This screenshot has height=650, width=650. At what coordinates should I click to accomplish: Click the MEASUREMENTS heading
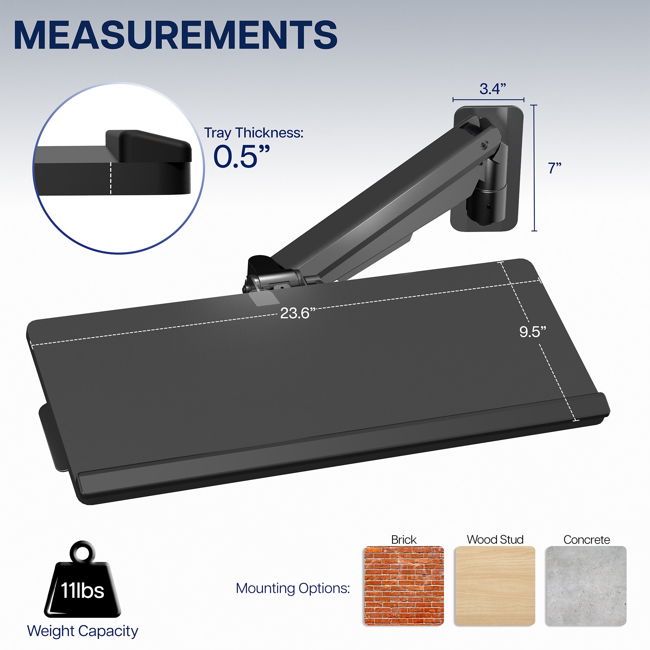(175, 35)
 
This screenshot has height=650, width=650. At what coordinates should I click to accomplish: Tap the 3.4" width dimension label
(493, 89)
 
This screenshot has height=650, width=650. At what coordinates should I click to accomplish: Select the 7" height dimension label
(555, 168)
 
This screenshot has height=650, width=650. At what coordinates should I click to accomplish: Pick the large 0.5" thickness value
(241, 157)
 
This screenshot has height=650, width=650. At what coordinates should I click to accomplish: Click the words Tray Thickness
(254, 133)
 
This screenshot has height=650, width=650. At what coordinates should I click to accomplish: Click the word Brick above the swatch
(403, 539)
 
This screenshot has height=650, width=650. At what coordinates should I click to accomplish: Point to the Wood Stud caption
(495, 539)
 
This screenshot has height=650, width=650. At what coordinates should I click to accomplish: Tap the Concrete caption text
(586, 539)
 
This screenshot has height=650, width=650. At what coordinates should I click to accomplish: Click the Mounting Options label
(293, 588)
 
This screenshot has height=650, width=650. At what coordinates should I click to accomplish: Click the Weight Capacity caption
(83, 631)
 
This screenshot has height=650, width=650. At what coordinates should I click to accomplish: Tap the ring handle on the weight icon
(83, 552)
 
